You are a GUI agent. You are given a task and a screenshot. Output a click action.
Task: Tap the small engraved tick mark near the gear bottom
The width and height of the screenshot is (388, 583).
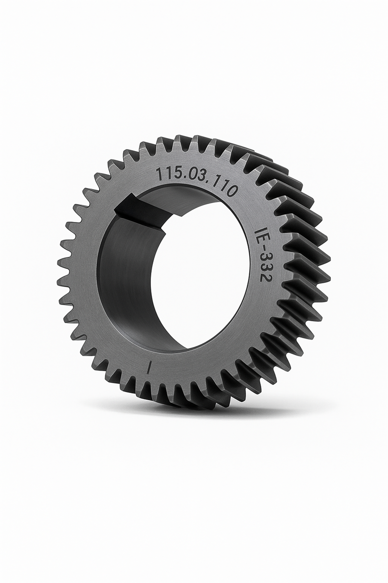coord(151,366)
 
